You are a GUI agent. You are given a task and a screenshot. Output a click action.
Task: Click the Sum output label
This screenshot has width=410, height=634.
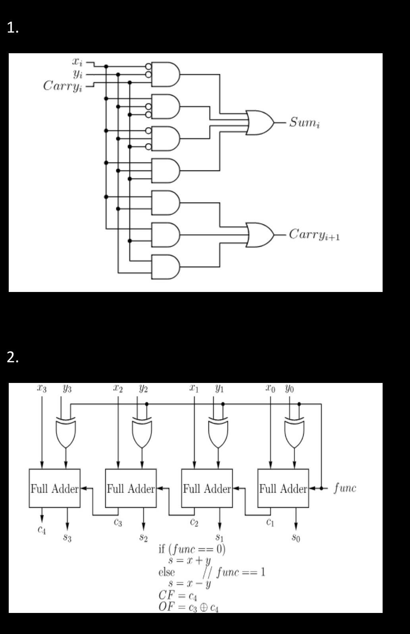(x=304, y=122)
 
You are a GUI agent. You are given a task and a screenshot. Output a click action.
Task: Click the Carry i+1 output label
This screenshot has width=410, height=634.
(x=314, y=235)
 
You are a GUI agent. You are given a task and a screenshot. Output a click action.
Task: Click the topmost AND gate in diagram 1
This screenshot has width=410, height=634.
(x=165, y=74)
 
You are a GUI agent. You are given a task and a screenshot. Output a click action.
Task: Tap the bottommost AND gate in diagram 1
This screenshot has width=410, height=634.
(x=165, y=267)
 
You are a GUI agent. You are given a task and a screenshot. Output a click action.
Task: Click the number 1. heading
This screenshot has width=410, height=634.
(x=13, y=28)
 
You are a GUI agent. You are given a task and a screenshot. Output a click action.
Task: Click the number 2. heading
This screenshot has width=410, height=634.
(x=13, y=358)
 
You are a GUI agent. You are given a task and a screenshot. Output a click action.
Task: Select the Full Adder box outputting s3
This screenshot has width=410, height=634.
(x=55, y=488)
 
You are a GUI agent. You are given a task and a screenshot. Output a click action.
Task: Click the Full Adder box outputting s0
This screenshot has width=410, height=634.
(x=283, y=488)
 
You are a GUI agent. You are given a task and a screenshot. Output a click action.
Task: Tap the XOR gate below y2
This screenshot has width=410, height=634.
(x=142, y=433)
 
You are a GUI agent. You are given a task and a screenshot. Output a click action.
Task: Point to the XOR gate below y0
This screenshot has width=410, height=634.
(x=294, y=433)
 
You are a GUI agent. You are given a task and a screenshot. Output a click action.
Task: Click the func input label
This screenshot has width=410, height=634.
(x=345, y=488)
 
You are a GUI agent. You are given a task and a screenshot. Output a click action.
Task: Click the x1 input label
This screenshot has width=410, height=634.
(x=194, y=389)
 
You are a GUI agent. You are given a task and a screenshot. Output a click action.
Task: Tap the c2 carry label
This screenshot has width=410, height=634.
(x=194, y=523)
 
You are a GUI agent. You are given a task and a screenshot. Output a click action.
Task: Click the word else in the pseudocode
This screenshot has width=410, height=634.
(x=166, y=572)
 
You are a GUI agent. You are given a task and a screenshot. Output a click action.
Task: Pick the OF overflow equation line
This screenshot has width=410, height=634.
(x=188, y=607)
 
